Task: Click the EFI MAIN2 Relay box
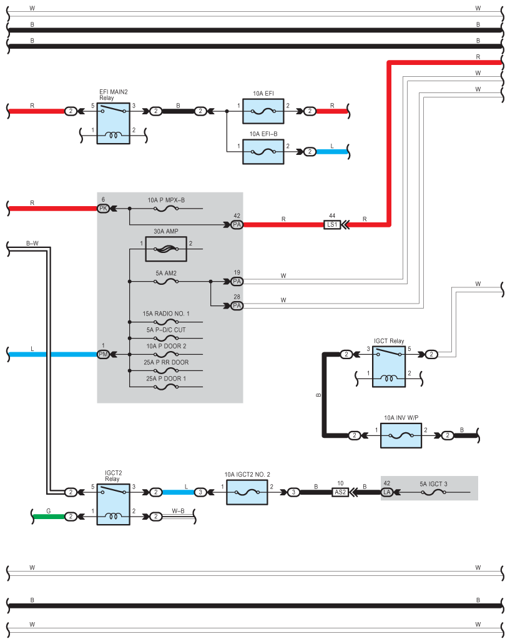click(113, 123)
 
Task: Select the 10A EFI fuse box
click(262, 111)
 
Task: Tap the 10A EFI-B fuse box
click(262, 151)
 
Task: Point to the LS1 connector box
click(332, 224)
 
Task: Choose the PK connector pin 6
click(103, 208)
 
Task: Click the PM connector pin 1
click(103, 355)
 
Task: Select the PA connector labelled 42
click(237, 224)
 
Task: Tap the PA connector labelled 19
click(237, 282)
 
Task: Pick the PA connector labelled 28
click(237, 305)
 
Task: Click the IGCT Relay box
click(389, 366)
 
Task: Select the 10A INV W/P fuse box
click(401, 435)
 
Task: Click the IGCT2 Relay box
click(113, 504)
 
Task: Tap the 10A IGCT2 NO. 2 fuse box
click(247, 492)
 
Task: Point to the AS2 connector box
click(340, 492)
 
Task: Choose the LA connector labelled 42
click(387, 492)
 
